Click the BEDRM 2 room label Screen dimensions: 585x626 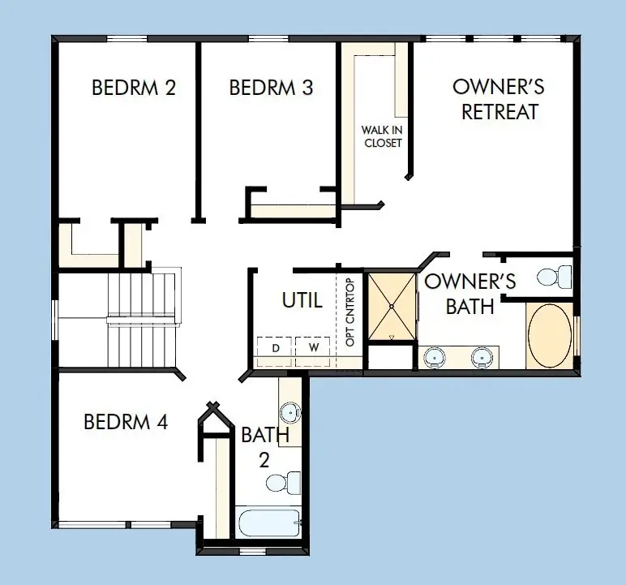click(134, 88)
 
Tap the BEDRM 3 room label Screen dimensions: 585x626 click(271, 88)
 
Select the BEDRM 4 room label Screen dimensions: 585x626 click(126, 422)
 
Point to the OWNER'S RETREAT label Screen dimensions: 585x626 click(499, 100)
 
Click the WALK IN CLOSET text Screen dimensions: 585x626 click(382, 136)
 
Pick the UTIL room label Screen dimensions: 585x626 click(302, 300)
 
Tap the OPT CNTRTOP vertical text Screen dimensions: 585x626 click(350, 312)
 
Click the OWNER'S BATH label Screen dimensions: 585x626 click(470, 294)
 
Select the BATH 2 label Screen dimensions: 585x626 click(265, 447)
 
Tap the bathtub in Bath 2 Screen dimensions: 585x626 click(268, 522)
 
